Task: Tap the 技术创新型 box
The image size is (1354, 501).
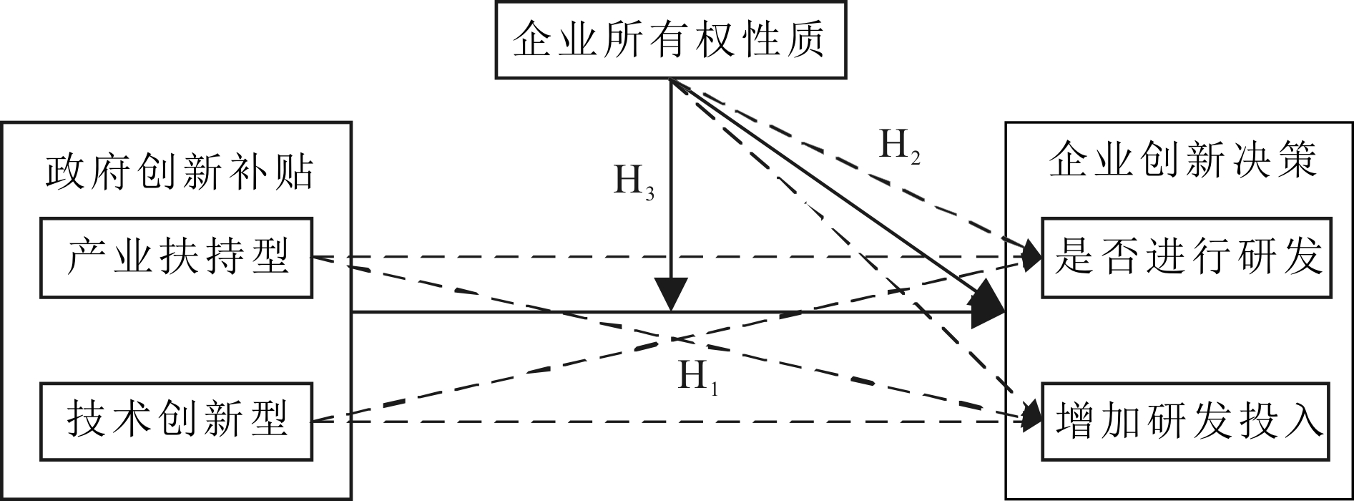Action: coord(176,421)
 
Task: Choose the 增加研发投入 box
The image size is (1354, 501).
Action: coord(1187,421)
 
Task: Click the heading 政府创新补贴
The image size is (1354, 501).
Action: coord(179,172)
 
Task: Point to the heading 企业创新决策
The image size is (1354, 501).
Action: coord(1182,161)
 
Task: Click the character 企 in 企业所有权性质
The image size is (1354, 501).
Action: coord(531,39)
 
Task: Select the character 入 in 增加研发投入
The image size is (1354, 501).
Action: coord(1303,421)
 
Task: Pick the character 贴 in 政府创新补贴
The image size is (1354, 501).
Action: coord(295,172)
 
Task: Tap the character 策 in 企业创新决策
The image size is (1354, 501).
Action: coord(1297,161)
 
